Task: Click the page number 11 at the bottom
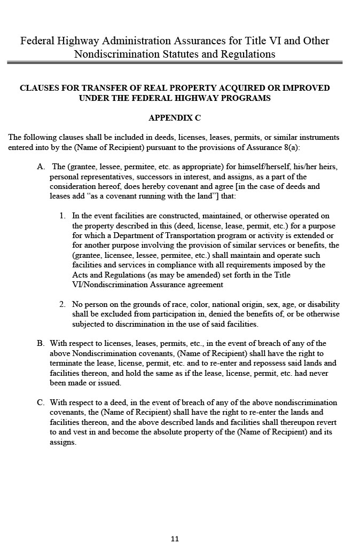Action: tap(175, 539)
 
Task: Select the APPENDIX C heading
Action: tap(175, 117)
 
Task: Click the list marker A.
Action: tap(41, 167)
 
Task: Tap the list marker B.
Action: tap(41, 343)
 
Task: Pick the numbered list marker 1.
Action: tap(62, 216)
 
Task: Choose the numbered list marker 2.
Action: tap(62, 304)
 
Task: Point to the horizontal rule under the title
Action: tap(175, 62)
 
